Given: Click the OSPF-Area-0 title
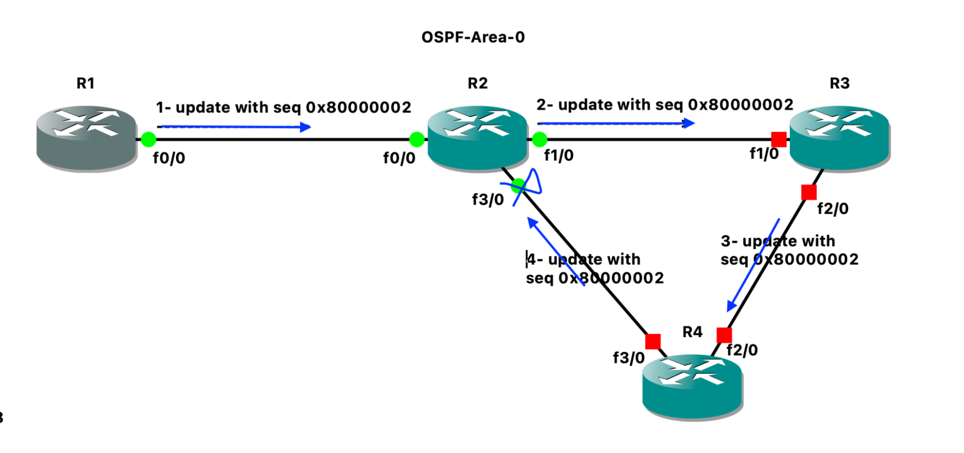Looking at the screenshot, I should (x=473, y=37).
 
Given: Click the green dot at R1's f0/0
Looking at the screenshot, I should (x=149, y=139).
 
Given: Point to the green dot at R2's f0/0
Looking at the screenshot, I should (x=417, y=139).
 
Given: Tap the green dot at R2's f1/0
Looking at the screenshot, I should (x=540, y=139).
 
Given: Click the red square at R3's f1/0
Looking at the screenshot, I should (x=779, y=139).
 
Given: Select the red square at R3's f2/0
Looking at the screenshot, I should (x=809, y=192).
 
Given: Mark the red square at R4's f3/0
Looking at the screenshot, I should (x=653, y=342).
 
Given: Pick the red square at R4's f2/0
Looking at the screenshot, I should (x=724, y=335).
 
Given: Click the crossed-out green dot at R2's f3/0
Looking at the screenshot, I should (x=518, y=186).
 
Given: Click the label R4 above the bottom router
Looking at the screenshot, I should (x=692, y=332).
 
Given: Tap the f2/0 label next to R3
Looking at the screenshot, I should (x=833, y=209).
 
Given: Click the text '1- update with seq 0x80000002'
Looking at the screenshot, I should (x=284, y=107).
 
